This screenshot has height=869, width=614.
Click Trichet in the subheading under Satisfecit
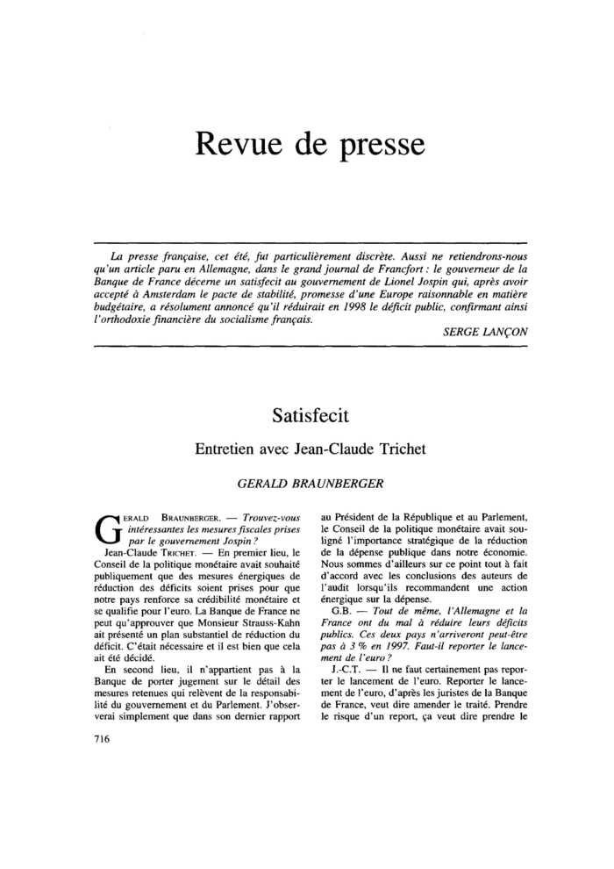tap(396, 449)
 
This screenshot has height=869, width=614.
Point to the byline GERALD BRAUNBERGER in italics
tap(306, 483)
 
